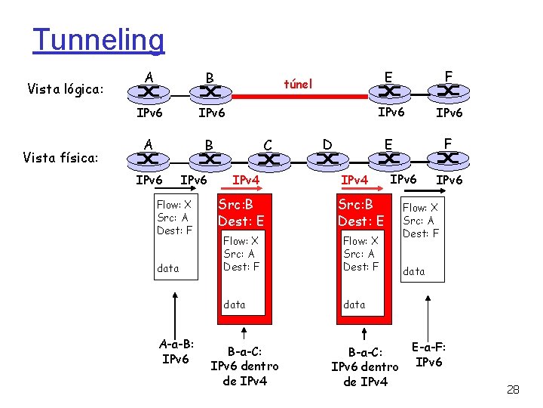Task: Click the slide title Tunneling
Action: [98, 40]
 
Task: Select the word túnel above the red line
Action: [298, 84]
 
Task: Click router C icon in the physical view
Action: [268, 160]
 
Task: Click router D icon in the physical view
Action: [327, 159]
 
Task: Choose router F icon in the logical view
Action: [448, 92]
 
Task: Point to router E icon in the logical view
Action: [388, 92]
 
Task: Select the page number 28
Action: [513, 390]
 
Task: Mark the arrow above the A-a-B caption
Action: [176, 312]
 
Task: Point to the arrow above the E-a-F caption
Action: [430, 314]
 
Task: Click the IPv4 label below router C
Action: [246, 180]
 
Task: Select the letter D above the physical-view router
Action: [327, 143]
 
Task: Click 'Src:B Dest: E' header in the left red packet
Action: [241, 212]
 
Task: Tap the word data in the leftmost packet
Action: [168, 267]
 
